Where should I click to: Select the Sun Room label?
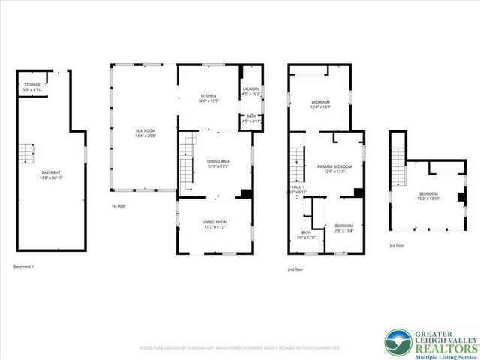click(145, 132)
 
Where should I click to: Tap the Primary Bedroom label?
click(334, 168)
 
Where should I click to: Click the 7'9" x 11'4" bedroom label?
click(343, 228)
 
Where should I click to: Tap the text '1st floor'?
click(119, 205)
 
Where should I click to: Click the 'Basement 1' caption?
click(24, 266)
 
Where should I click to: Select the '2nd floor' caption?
click(295, 268)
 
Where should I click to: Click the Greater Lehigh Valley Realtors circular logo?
click(397, 342)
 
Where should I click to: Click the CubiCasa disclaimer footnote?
click(240, 348)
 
